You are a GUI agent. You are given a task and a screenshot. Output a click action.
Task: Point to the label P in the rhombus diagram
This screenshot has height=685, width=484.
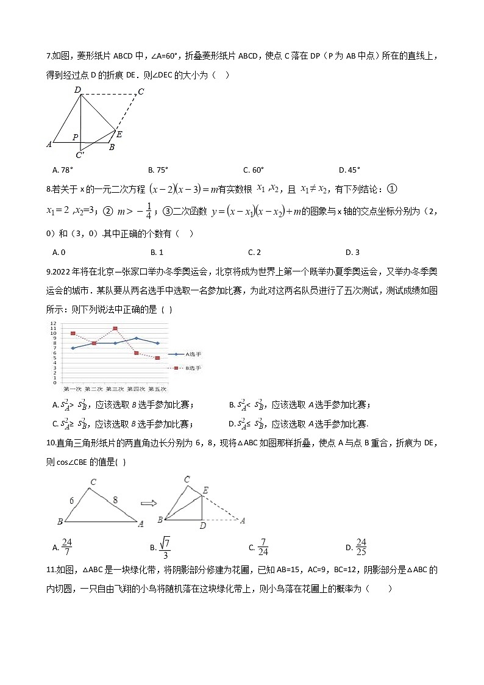pyautogui.click(x=75, y=138)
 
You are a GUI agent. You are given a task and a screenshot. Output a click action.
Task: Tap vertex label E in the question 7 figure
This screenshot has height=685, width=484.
pyautogui.click(x=119, y=134)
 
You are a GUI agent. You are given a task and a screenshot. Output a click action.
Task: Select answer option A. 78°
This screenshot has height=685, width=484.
pyautogui.click(x=63, y=170)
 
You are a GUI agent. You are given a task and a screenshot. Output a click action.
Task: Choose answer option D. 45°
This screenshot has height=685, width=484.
pyautogui.click(x=350, y=170)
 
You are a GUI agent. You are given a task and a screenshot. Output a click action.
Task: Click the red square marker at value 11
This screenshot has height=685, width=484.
pyautogui.click(x=115, y=328)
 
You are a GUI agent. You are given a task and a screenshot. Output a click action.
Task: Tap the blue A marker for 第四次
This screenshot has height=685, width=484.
pyautogui.click(x=136, y=338)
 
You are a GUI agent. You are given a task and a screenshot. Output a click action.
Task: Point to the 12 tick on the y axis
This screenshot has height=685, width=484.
pyautogui.click(x=53, y=323)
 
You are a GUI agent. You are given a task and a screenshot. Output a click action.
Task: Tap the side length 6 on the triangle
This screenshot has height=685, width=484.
pyautogui.click(x=72, y=501)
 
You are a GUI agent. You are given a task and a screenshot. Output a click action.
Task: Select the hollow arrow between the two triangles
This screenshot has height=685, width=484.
pyautogui.click(x=149, y=503)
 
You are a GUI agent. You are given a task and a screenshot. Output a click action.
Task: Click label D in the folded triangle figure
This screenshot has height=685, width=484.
pyautogui.click(x=202, y=526)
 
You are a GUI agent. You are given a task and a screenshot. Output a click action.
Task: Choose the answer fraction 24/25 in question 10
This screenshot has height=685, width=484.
pyautogui.click(x=361, y=547)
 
